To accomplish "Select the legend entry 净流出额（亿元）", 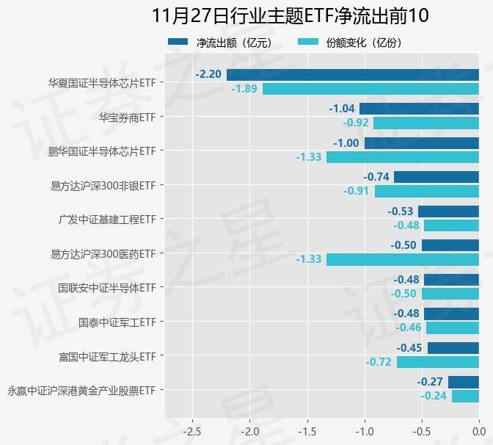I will pyautogui.click(x=219, y=43).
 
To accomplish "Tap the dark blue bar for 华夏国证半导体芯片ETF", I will pyautogui.click(x=352, y=75).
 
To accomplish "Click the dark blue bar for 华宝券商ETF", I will pyautogui.click(x=419, y=109).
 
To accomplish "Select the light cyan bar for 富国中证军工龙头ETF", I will pyautogui.click(x=437, y=362).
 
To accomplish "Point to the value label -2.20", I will pyautogui.click(x=208, y=75).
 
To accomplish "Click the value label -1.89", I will pyautogui.click(x=244, y=89).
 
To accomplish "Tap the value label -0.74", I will pyautogui.click(x=376, y=177).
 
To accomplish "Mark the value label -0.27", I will pyautogui.click(x=429, y=382).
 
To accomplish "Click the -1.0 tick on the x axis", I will pyautogui.click(x=365, y=430).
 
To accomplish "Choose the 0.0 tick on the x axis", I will pyautogui.click(x=478, y=430).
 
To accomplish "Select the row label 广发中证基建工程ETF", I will pyautogui.click(x=108, y=220).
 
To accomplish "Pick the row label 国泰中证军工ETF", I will pyautogui.click(x=117, y=322).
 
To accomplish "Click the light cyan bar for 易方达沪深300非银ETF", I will pyautogui.click(x=426, y=192).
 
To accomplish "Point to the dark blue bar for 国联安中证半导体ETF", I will pyautogui.click(x=450, y=280).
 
